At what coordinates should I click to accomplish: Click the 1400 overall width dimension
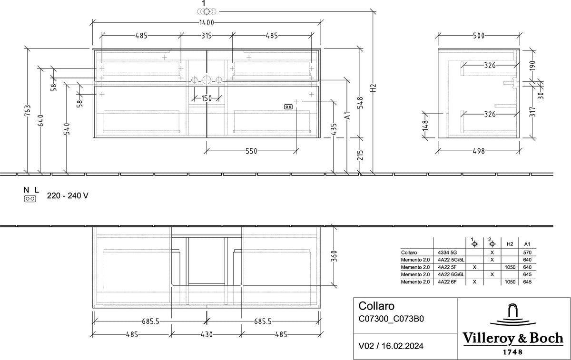pos(207,23)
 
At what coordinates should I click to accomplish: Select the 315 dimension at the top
pos(207,36)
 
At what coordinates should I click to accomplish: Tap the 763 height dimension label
pos(28,111)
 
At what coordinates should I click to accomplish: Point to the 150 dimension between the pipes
pos(207,98)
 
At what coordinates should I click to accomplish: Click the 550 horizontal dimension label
pos(251,151)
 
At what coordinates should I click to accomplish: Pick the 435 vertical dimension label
pos(334,129)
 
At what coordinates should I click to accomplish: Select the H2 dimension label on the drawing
pos(374,88)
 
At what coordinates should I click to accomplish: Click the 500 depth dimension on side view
pos(479,36)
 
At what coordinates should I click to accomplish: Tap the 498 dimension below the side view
pos(479,151)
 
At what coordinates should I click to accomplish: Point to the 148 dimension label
pos(425,126)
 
